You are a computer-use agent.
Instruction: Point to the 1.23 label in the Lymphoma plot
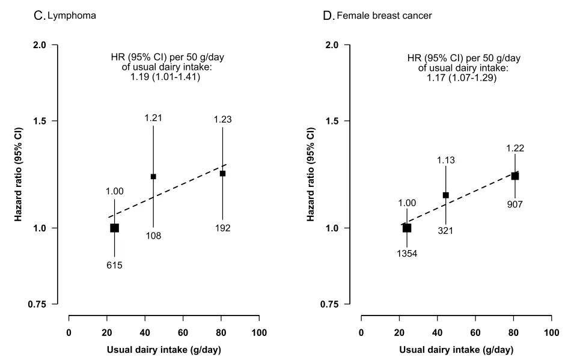tap(222, 120)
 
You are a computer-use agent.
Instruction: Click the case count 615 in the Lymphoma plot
tap(114, 264)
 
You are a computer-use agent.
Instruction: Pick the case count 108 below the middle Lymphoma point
tap(153, 235)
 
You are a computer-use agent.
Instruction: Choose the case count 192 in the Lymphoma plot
tap(222, 228)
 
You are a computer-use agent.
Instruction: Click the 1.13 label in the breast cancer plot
tap(445, 160)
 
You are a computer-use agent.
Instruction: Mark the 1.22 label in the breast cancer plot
tap(515, 148)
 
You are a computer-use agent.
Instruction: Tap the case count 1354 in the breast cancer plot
tap(406, 254)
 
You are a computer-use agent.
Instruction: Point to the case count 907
tap(515, 204)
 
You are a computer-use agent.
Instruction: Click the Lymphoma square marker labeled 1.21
tap(153, 177)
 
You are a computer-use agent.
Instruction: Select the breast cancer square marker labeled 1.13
tap(445, 195)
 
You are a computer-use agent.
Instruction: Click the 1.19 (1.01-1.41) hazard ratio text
tap(165, 77)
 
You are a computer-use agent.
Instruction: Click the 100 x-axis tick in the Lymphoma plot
tap(260, 332)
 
